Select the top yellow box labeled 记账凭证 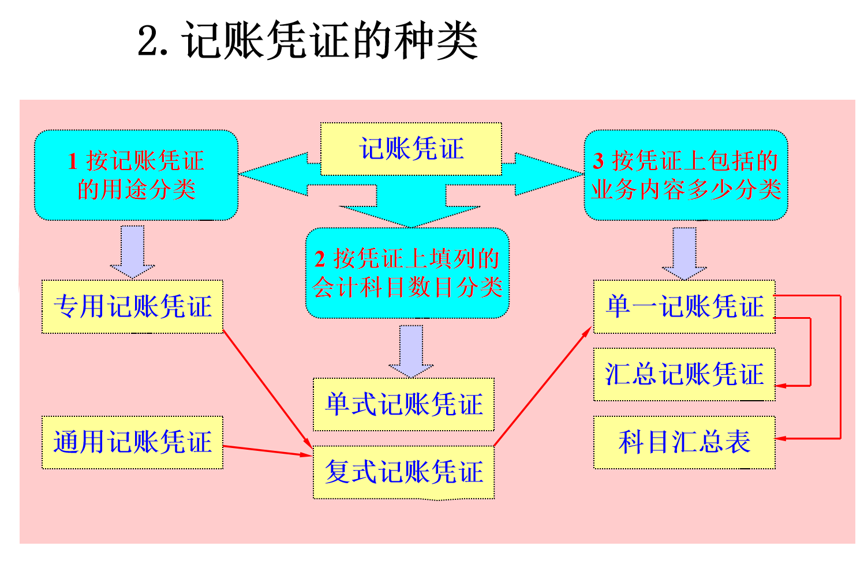[411, 149]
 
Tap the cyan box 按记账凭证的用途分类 [136, 175]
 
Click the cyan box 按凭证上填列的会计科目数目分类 [407, 273]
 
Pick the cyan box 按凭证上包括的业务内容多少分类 [686, 175]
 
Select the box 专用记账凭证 [132, 307]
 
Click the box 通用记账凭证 [132, 442]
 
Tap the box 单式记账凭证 [403, 404]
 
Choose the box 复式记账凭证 [403, 472]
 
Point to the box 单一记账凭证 [684, 307]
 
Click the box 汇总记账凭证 [684, 374]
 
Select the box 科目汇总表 [684, 442]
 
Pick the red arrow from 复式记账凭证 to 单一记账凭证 [543, 387]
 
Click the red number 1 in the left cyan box [73, 161]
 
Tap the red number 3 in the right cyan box [599, 161]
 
